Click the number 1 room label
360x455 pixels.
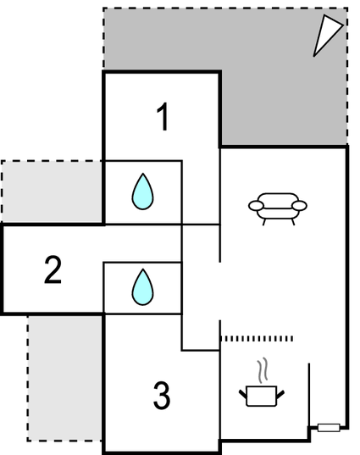coord(163,117)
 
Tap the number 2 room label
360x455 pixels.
coord(53,269)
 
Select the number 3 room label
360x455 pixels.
coord(162,395)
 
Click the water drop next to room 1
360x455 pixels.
coord(142,191)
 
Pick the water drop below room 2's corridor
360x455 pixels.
coord(142,287)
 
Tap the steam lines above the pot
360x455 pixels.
coord(263,370)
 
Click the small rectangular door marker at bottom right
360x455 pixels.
coord(329,427)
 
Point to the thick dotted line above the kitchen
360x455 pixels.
coord(257,338)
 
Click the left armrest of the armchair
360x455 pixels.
coord(256,206)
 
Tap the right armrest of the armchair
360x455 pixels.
coord(299,206)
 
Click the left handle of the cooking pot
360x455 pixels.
coord(243,394)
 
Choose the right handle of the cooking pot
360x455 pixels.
coord(280,395)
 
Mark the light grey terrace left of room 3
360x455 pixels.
coord(64,378)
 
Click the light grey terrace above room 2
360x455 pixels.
coord(53,191)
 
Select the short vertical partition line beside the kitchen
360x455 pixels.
coord(309,395)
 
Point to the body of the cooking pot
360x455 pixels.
coord(262,396)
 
